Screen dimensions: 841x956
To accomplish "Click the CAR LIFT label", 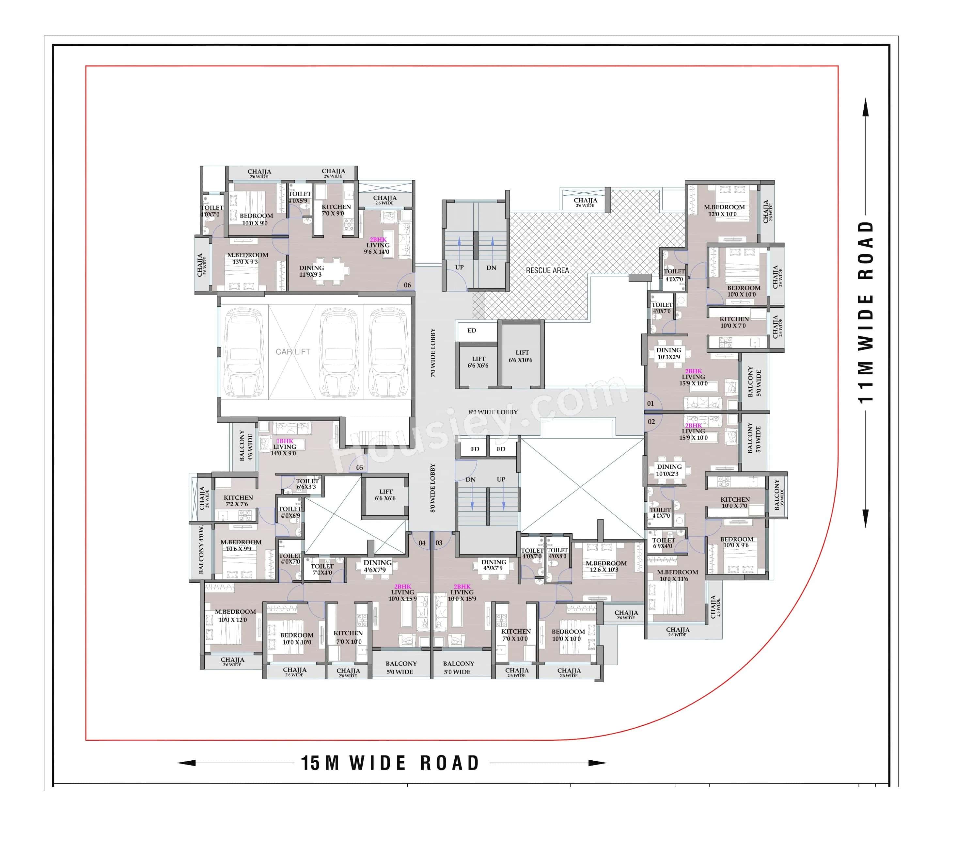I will (293, 352).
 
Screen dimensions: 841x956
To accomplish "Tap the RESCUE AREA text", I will (547, 270).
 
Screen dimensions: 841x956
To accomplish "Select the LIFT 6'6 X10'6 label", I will (521, 356).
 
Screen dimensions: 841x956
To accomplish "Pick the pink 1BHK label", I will (285, 441).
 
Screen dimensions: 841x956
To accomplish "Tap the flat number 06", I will (407, 285).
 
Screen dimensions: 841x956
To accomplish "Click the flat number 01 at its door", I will (650, 403).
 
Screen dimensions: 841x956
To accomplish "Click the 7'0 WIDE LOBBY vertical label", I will (433, 352).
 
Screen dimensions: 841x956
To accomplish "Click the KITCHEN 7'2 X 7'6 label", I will (238, 501).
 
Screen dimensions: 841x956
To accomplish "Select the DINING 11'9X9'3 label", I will (311, 271).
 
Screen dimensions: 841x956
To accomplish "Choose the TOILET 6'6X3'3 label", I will (307, 484).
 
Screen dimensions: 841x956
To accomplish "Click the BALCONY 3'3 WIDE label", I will (778, 495).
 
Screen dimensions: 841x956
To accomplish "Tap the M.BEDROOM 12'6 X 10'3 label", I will (606, 566).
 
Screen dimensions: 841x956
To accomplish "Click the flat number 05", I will (360, 468).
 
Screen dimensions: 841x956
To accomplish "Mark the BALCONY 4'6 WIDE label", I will (245, 445).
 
